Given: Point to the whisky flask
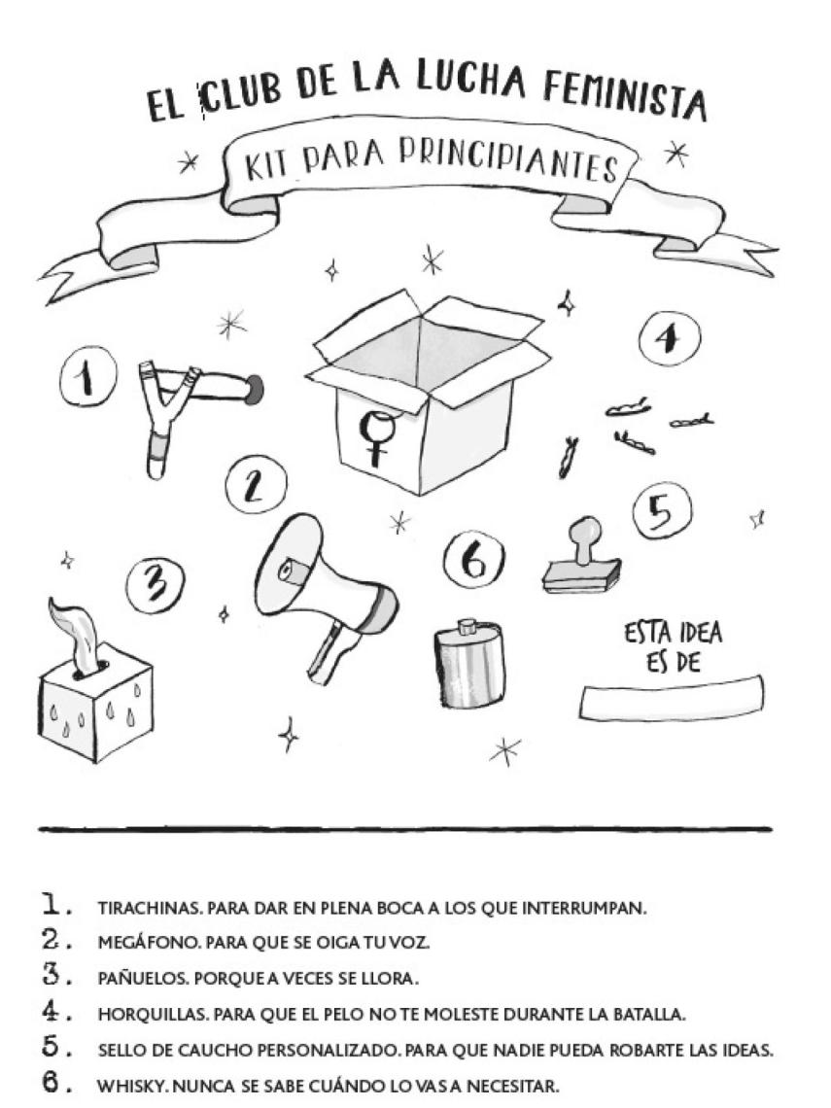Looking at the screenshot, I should tap(469, 666).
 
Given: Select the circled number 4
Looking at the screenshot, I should tap(669, 339).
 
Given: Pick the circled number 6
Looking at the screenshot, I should tap(474, 563).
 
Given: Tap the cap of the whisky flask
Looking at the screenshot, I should tap(467, 623).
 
